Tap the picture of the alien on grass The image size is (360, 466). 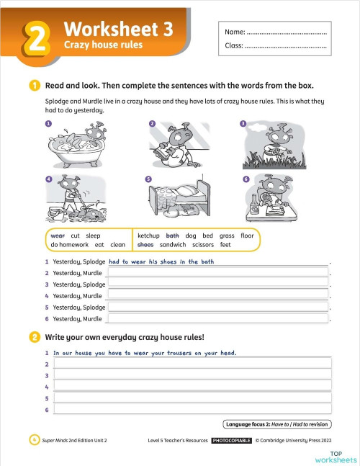274,144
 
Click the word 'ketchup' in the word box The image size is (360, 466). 148,236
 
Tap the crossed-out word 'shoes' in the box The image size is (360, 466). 145,245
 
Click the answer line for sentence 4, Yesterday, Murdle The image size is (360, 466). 217,296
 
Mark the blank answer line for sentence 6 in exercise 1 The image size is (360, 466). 217,318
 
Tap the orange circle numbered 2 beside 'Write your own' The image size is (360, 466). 35,337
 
